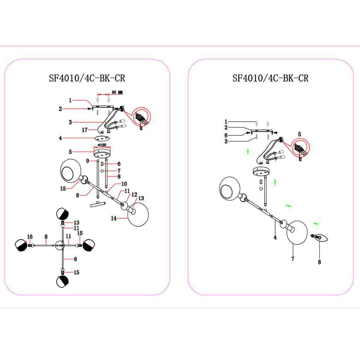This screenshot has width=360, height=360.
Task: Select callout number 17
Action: click(85, 130)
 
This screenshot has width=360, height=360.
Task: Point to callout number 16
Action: click(30, 237)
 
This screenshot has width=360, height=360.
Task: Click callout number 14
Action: click(114, 219)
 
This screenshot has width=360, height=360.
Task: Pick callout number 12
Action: click(134, 194)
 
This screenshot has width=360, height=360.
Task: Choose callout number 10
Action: click(124, 184)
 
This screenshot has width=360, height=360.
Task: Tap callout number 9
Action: click(88, 161)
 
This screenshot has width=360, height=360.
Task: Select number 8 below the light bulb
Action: click(319, 262)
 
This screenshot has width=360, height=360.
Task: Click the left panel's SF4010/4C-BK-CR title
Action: click(87, 78)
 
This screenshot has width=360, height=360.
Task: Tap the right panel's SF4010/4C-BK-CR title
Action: click(271, 78)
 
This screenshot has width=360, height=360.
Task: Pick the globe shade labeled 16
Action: click(21, 245)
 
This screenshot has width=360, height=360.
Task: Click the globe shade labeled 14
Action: click(138, 214)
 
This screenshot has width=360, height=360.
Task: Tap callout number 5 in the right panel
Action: click(300, 134)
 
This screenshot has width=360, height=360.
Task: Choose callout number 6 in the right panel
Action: click(226, 135)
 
